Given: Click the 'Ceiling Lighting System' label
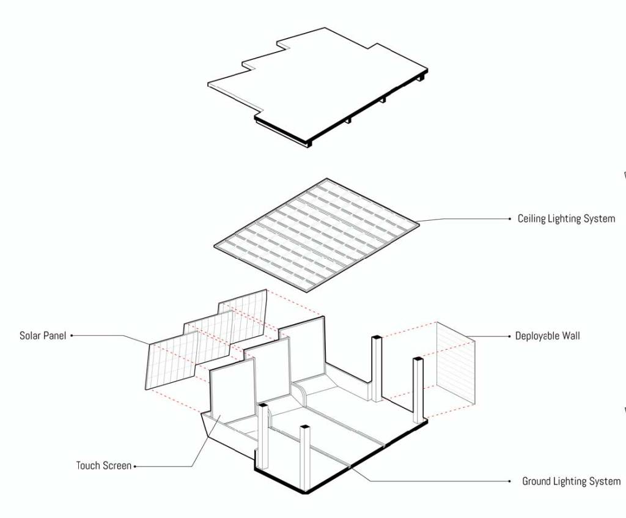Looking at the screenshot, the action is [x=566, y=219].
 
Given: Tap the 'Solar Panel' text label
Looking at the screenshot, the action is [x=43, y=336].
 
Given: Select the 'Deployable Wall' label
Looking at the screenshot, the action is [x=547, y=336].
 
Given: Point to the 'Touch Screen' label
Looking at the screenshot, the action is [x=104, y=465].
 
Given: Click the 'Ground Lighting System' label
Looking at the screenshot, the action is [x=572, y=481].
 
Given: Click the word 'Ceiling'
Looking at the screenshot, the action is [x=531, y=219].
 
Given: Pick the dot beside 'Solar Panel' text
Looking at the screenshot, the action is [x=72, y=336].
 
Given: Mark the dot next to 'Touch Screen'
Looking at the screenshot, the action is [x=135, y=466].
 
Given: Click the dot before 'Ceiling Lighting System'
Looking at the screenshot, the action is [x=509, y=218].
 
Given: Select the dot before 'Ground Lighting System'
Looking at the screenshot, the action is [x=509, y=481].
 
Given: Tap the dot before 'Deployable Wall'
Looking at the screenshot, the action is [x=509, y=336].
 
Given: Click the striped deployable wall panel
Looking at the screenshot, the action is [x=455, y=363].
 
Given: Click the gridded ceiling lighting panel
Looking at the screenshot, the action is [x=316, y=235].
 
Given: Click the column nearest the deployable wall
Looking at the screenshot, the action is [x=418, y=390].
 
